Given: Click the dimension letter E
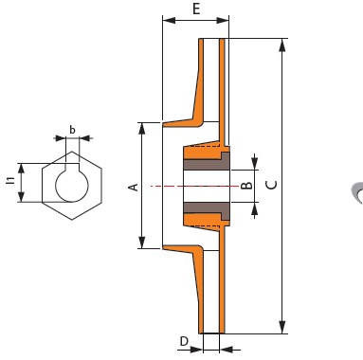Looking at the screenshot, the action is point(196,9).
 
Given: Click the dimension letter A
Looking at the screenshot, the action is point(135,187).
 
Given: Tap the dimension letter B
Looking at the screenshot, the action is point(246,185).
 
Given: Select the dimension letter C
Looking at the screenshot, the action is point(272,185).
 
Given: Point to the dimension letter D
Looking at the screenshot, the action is point(184,341).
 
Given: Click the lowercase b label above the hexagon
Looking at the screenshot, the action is point(72,130).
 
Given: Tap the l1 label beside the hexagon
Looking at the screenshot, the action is point(11,180).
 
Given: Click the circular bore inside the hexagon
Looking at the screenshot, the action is point(72,184).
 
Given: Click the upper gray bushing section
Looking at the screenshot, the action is point(207,163).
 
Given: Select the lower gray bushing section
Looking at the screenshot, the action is point(207,209).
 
